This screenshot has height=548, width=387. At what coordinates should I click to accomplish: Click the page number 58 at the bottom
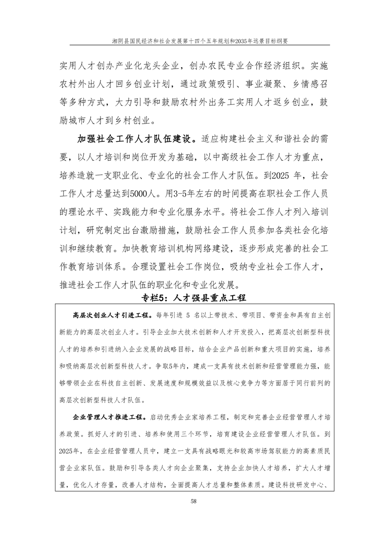pos(193,500)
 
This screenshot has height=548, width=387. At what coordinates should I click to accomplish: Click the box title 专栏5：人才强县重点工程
pos(193,298)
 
